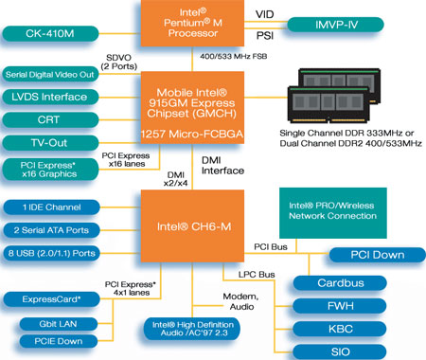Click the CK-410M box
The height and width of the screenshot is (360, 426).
[50, 33]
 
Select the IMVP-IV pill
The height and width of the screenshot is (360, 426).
[336, 25]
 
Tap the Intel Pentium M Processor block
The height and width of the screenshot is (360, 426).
[192, 23]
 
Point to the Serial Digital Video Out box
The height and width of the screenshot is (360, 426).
[50, 74]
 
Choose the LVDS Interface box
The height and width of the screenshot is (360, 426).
[50, 97]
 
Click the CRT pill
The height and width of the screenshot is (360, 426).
[50, 120]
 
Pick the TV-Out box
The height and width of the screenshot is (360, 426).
[50, 143]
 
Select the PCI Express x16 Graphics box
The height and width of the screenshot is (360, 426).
[50, 170]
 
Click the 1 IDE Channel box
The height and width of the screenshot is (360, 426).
[51, 207]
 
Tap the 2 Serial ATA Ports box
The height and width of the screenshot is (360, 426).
[51, 230]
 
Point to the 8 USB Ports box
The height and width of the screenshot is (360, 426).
[51, 253]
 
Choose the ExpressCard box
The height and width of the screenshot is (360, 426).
[51, 299]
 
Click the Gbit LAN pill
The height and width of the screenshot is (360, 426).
[59, 324]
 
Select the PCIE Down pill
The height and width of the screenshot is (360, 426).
[59, 341]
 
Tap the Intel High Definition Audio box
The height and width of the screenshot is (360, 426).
[192, 329]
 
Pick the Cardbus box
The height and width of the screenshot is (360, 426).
[340, 283]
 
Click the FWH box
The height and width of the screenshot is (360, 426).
[340, 306]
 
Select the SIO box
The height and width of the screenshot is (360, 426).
[340, 351]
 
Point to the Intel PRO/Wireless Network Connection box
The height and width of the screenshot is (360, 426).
[333, 213]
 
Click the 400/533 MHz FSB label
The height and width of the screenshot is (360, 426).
[234, 56]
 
